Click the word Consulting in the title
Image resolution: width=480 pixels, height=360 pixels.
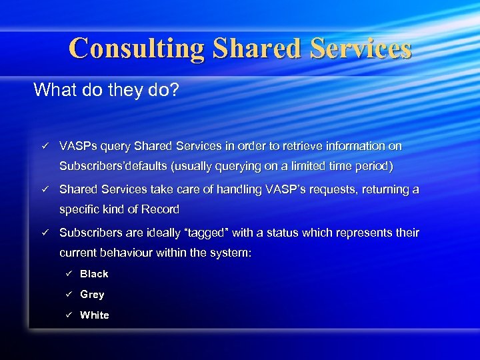[137, 48]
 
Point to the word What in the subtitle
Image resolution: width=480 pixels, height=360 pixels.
[55, 89]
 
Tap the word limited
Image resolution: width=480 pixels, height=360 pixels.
[313, 166]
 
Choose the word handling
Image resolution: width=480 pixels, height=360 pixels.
[238, 189]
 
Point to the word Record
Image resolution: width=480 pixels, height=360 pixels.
[162, 209]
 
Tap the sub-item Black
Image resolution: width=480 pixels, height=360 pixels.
[94, 274]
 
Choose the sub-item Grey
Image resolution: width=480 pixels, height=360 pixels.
[92, 295]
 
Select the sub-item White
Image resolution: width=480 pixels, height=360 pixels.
[94, 315]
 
